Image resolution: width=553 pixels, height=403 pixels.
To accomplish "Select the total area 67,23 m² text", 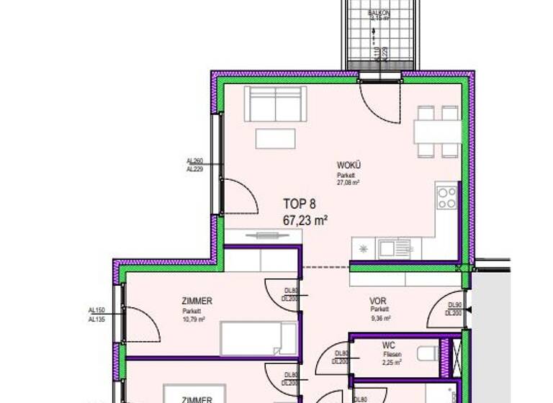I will (x=306, y=221).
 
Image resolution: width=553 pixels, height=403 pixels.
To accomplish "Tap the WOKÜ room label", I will (x=349, y=166).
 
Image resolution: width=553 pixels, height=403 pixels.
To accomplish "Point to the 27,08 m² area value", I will (x=349, y=183).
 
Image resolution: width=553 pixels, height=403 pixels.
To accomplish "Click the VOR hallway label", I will (x=378, y=302).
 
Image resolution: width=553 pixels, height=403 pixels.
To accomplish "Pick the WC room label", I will (x=390, y=345).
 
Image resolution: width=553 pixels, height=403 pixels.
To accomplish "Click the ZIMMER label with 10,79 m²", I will (x=197, y=302).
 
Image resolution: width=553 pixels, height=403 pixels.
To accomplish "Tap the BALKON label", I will (x=379, y=13).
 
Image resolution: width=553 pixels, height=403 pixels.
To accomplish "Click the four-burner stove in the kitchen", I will (x=447, y=197).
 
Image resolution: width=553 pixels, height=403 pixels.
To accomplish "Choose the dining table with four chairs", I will (x=438, y=132).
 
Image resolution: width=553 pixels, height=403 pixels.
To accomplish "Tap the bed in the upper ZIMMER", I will (x=258, y=338).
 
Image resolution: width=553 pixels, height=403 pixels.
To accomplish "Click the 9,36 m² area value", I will (x=381, y=318).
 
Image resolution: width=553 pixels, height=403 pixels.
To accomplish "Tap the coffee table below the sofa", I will (x=275, y=138).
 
